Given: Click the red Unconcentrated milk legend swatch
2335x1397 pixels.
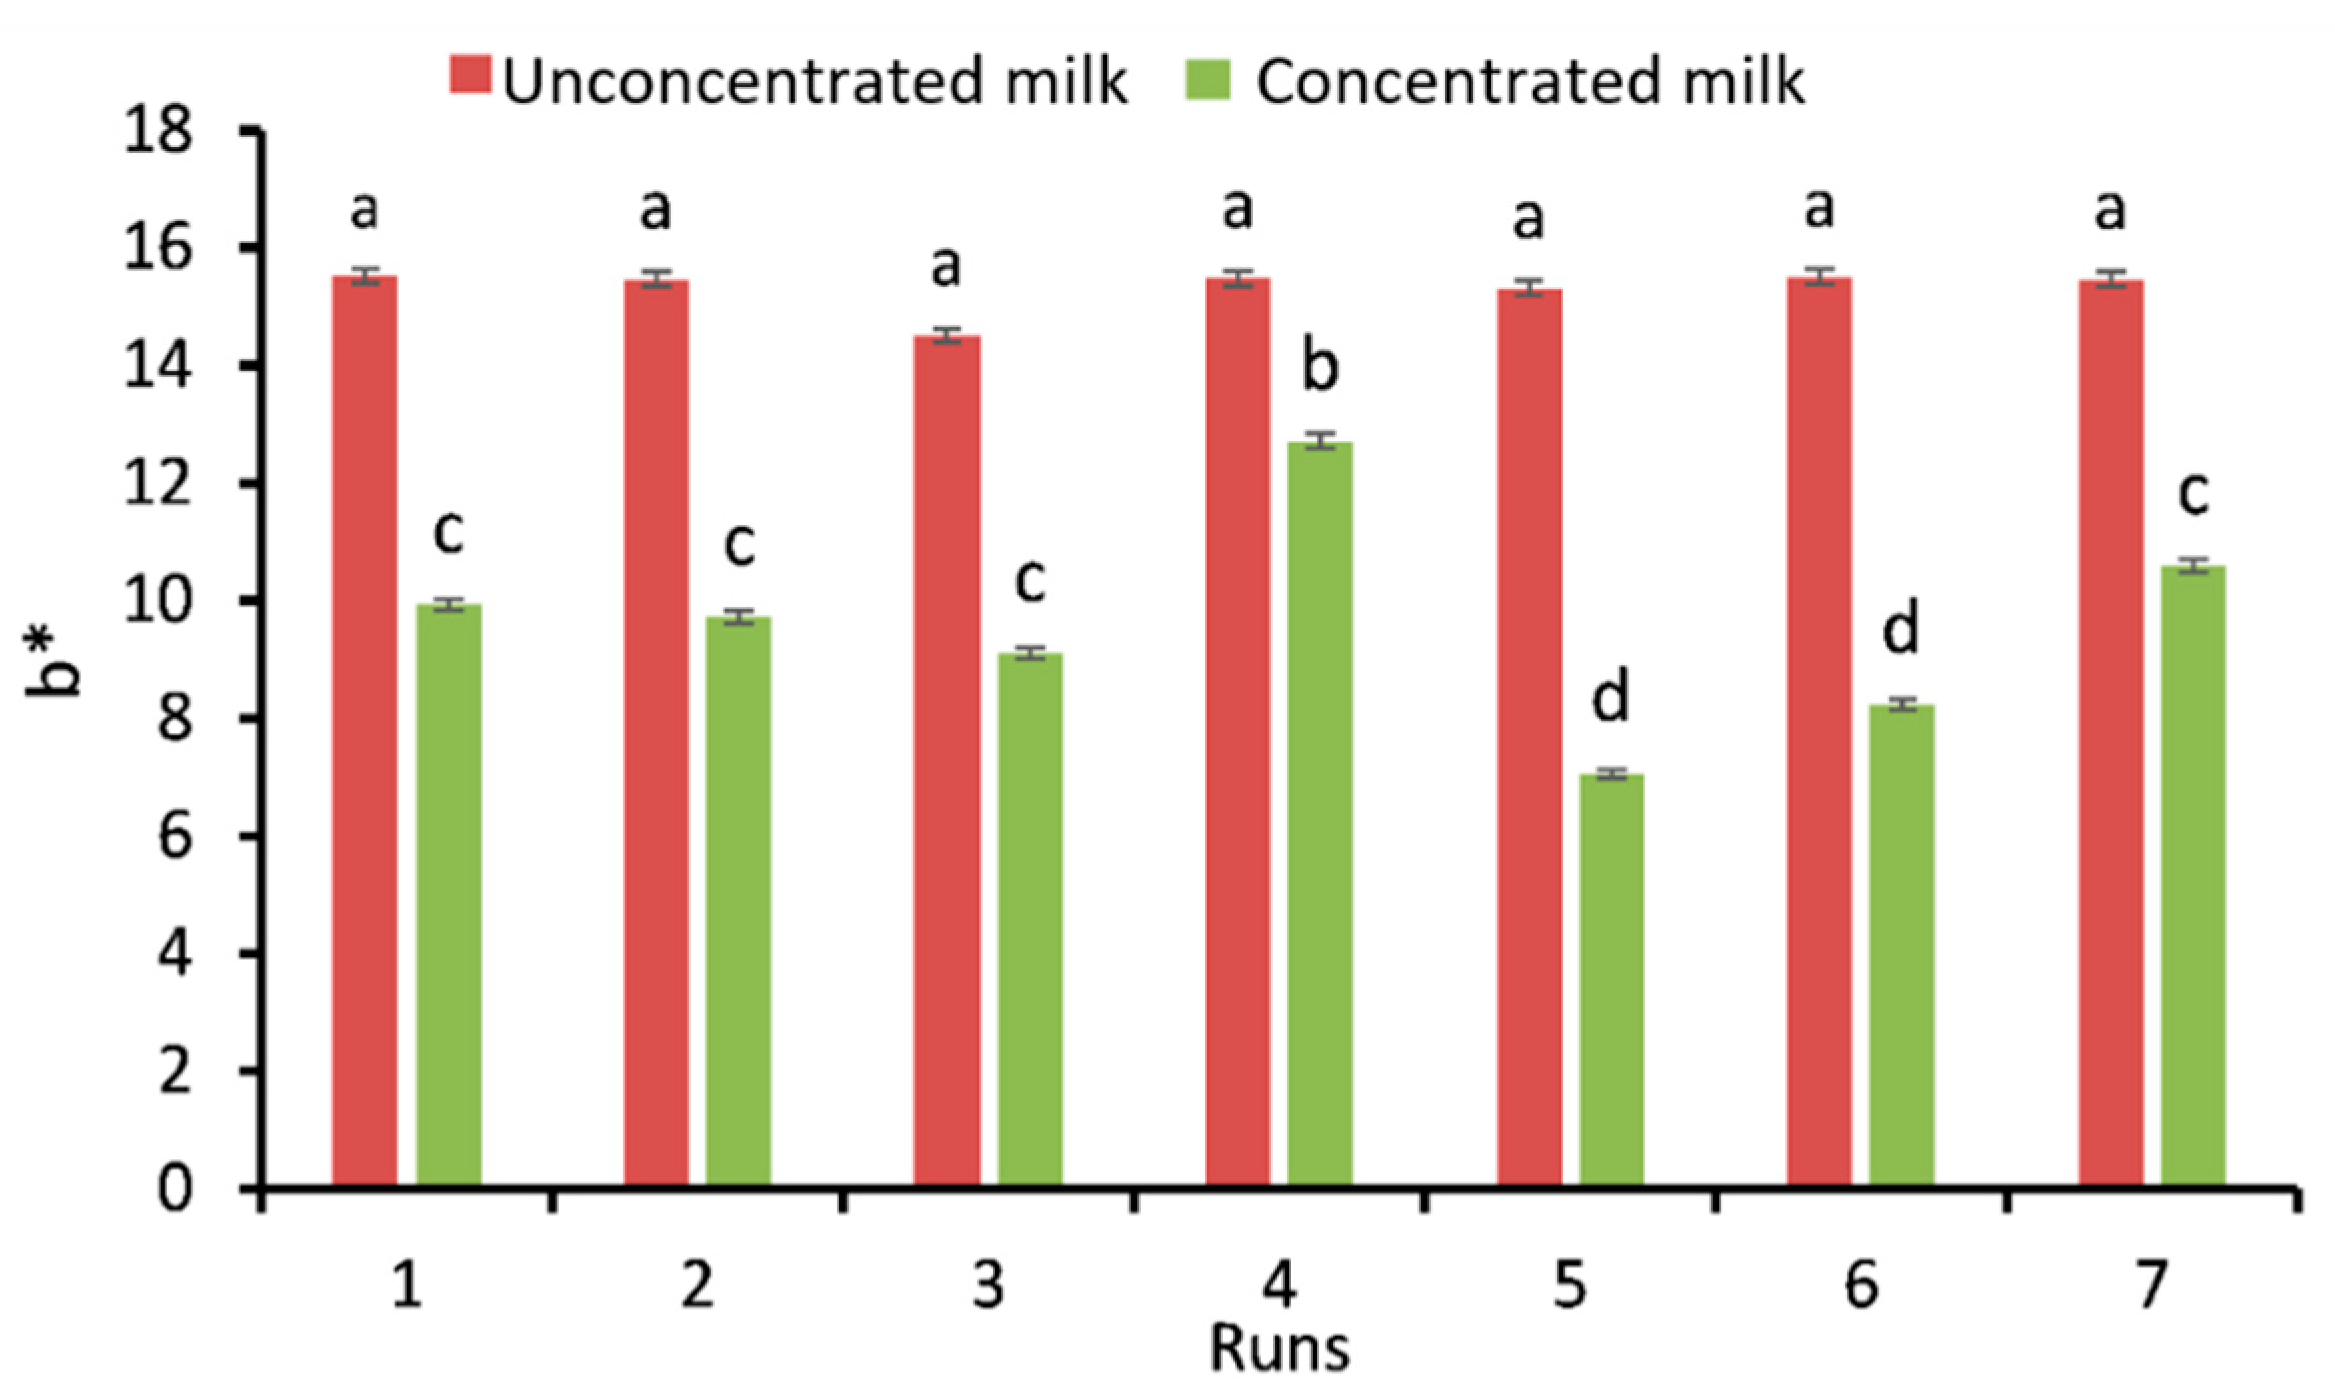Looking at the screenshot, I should coord(470,75).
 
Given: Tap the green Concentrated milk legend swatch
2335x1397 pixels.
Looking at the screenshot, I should coord(1208,79).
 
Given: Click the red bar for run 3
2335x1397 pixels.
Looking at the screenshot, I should coord(947,760).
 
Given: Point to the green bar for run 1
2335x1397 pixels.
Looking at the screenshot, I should coord(449,894).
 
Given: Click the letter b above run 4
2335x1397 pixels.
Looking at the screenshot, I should coord(1320,366).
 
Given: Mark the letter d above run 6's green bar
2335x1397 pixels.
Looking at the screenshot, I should coord(1901,628).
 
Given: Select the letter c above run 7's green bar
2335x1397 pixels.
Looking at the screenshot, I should coord(2193,494).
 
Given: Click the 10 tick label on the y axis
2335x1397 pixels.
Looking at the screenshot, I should coord(158,601).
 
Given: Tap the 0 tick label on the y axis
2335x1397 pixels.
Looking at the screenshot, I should coord(174,1189).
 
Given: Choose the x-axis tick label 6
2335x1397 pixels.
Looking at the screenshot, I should coord(1861,1285).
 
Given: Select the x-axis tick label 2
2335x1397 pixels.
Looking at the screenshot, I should coord(698,1285).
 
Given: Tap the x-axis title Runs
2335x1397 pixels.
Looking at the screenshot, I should coord(1279,1349).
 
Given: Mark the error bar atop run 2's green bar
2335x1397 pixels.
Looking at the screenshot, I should coord(738,617).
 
